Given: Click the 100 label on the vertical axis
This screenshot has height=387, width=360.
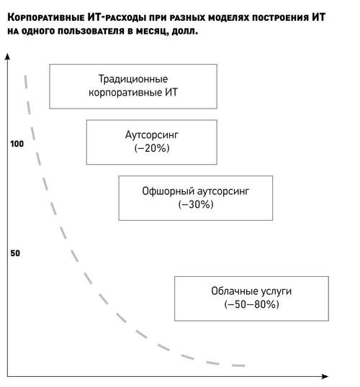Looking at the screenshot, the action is coord(17,144).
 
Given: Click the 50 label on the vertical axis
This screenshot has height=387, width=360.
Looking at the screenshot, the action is coord(15,253).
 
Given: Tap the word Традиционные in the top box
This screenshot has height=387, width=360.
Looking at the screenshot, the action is coord(133,79).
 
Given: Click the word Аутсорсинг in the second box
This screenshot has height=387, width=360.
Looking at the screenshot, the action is coord(152,135).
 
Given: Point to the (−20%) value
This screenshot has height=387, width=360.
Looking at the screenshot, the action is coord(152,148).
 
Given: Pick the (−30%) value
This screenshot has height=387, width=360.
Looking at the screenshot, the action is coord(196,204).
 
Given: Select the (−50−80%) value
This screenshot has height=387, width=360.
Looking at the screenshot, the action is coord(251,304).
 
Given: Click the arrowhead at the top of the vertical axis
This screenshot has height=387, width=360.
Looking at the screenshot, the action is coord(8,56).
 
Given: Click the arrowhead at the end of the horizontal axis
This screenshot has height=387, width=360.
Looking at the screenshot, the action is coord(325,376).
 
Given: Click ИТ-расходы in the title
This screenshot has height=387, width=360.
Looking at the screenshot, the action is coord(117,17).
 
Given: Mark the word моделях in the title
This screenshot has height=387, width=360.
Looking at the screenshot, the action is coord(230,18).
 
